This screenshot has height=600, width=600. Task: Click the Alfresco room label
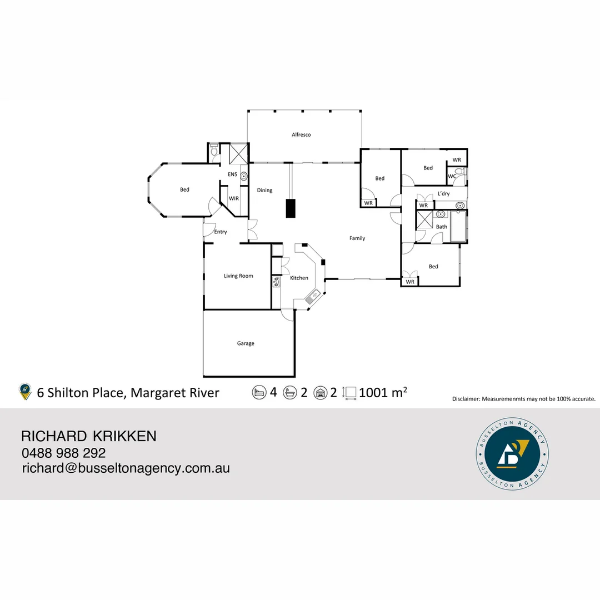click(301, 134)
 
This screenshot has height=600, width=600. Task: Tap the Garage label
click(246, 343)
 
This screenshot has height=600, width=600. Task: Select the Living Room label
click(238, 276)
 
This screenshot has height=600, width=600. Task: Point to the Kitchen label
click(299, 278)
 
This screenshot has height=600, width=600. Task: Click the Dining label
click(264, 190)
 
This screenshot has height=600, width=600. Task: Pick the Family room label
click(357, 238)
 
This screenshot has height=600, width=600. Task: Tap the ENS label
click(232, 174)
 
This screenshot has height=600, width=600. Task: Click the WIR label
click(233, 198)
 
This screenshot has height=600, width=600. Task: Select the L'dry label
click(443, 193)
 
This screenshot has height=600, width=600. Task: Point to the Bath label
click(442, 227)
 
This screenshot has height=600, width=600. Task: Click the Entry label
click(221, 232)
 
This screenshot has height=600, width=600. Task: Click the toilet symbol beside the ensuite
click(214, 151)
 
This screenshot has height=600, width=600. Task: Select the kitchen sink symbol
click(311, 298)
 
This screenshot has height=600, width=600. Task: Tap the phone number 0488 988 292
click(63, 453)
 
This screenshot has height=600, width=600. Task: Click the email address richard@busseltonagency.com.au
click(126, 468)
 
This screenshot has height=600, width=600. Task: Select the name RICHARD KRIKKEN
click(88, 436)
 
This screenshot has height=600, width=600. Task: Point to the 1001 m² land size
click(383, 393)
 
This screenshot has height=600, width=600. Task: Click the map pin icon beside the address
click(25, 392)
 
